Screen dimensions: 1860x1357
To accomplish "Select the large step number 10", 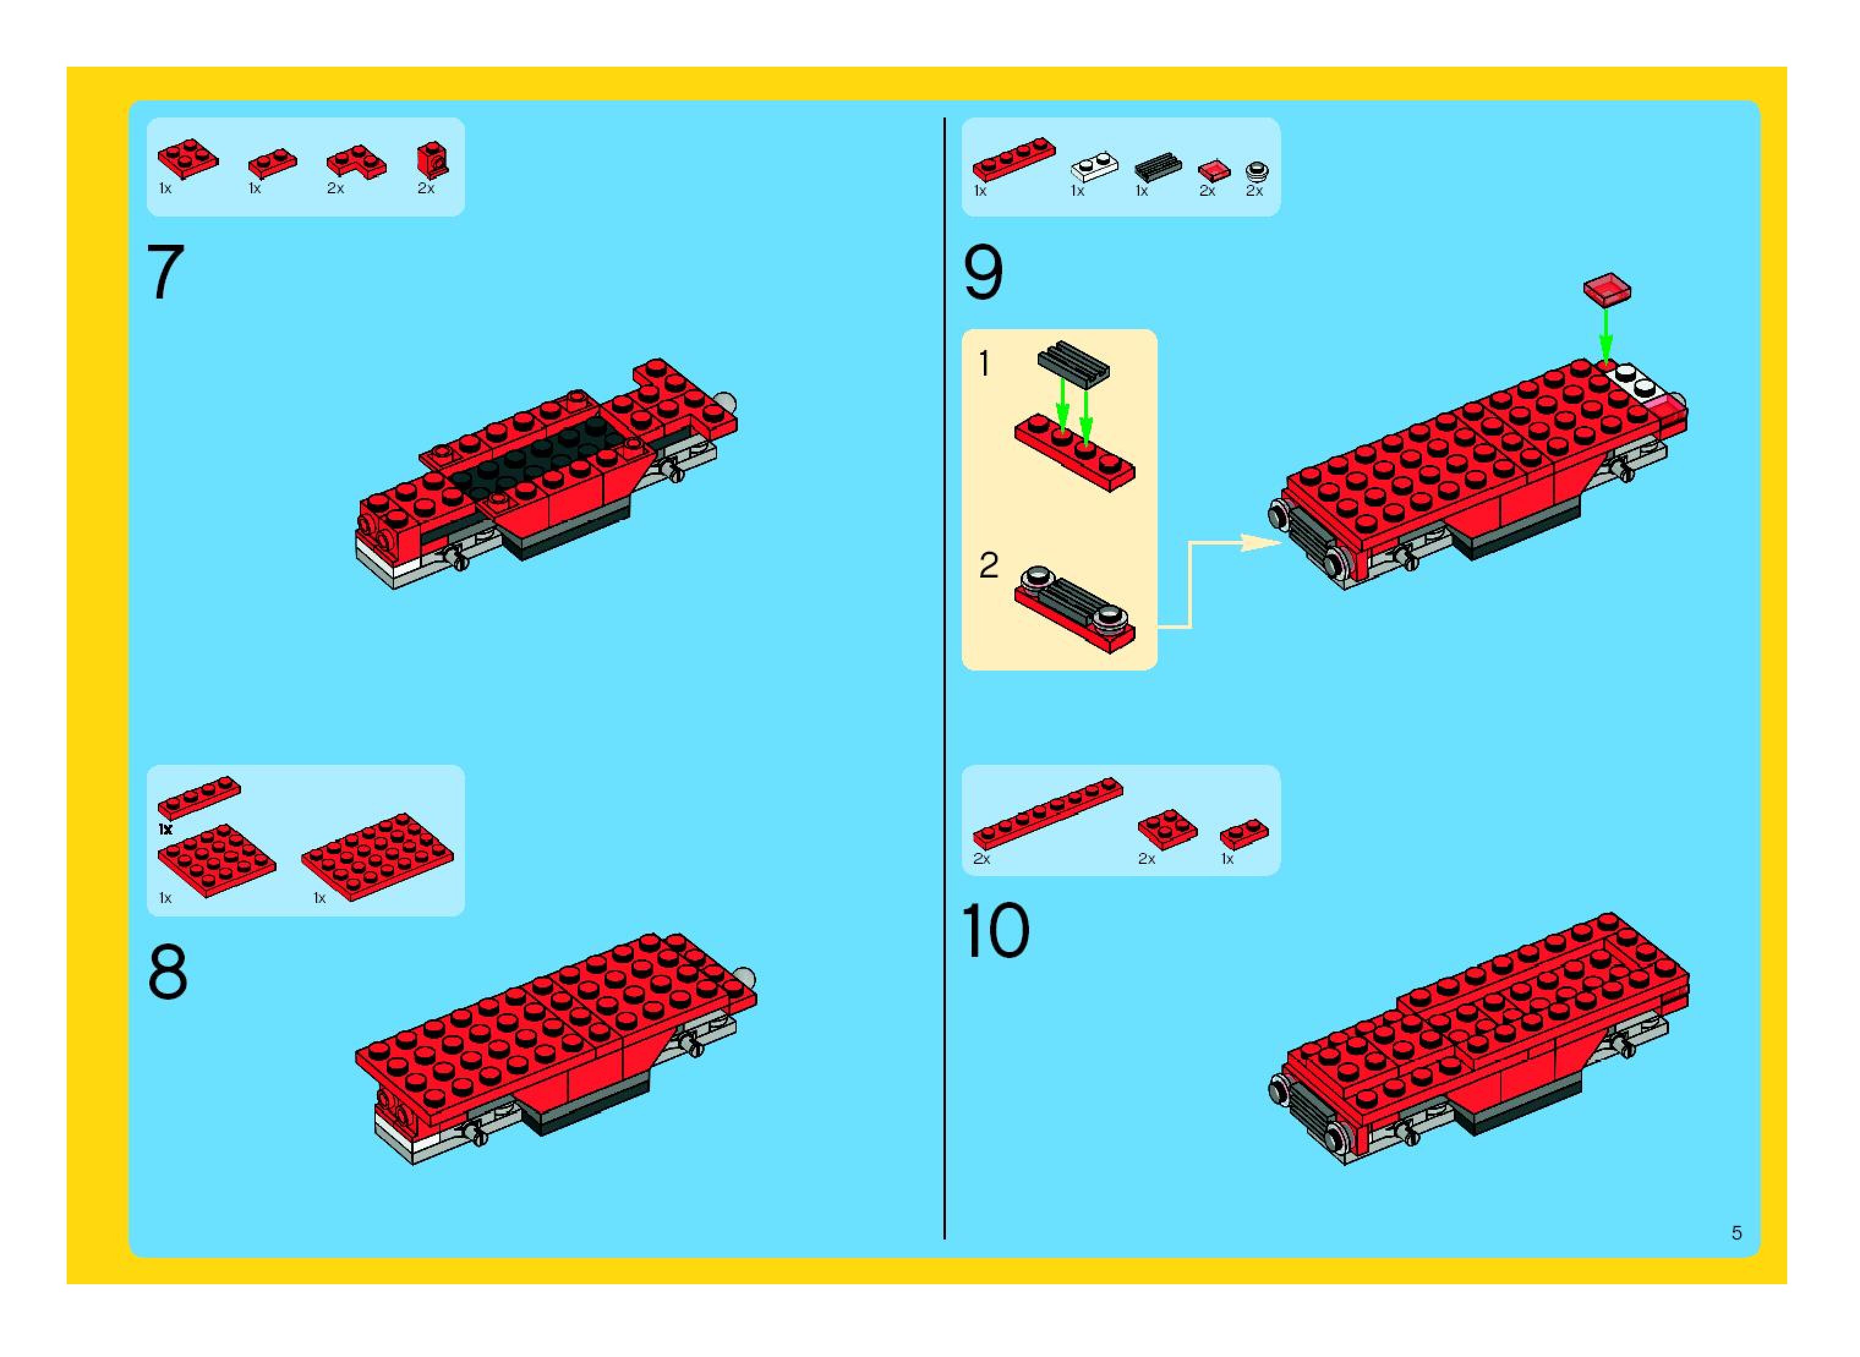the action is pyautogui.click(x=995, y=930).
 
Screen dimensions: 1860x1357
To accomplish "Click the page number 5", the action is pyautogui.click(x=1737, y=1232).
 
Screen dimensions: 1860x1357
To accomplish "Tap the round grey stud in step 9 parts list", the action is pyautogui.click(x=1257, y=171).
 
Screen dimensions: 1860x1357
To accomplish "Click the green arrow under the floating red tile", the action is pyautogui.click(x=1606, y=333).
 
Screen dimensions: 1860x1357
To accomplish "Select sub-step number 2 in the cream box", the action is pyautogui.click(x=988, y=565).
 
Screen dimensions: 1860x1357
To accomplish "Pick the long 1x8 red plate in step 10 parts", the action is pyautogui.click(x=1047, y=813).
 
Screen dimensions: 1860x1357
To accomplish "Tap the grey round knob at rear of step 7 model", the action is pyautogui.click(x=726, y=403).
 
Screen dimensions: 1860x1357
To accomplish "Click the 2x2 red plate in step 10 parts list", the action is pyautogui.click(x=1167, y=829).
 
